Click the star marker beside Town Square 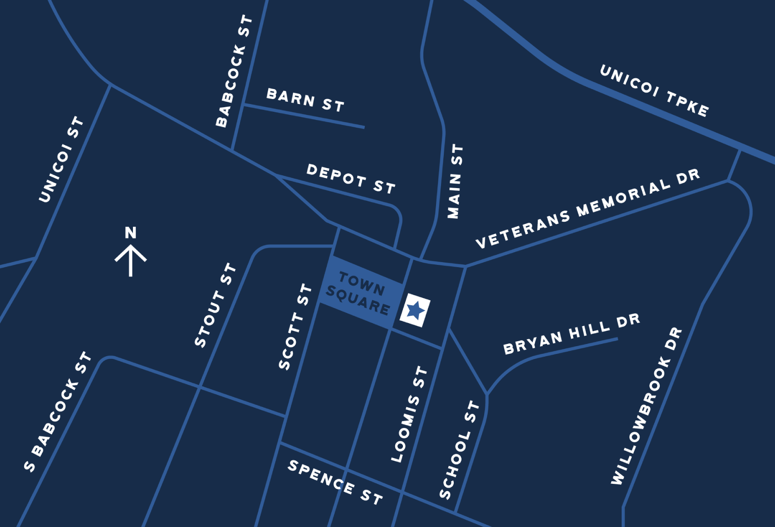tap(415, 310)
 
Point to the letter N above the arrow tap(131, 233)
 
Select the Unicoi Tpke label tap(654, 90)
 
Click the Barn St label tap(305, 100)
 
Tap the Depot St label tap(351, 179)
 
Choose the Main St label tap(455, 181)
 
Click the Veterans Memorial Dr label tap(588, 209)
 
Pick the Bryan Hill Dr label tap(572, 334)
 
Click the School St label tap(459, 450)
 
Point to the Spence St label tap(335, 482)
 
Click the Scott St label tap(295, 326)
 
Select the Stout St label tap(216, 305)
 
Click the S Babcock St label tap(58, 412)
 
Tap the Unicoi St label tap(61, 159)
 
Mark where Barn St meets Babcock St tap(243, 105)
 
